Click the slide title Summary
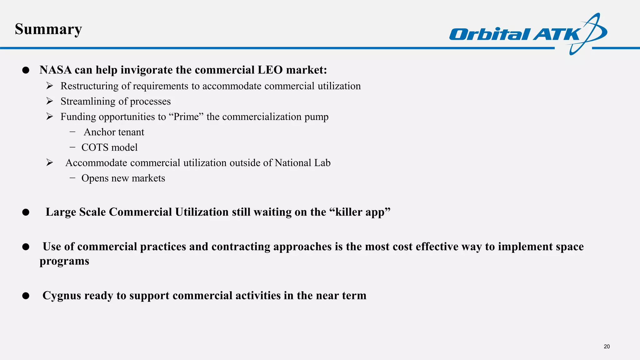[48, 29]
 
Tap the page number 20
[607, 346]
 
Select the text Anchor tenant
[114, 132]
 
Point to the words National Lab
[302, 163]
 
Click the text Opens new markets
[123, 178]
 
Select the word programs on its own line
[64, 261]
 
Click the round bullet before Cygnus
[26, 296]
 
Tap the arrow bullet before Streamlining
[49, 101]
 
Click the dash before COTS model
[72, 147]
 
